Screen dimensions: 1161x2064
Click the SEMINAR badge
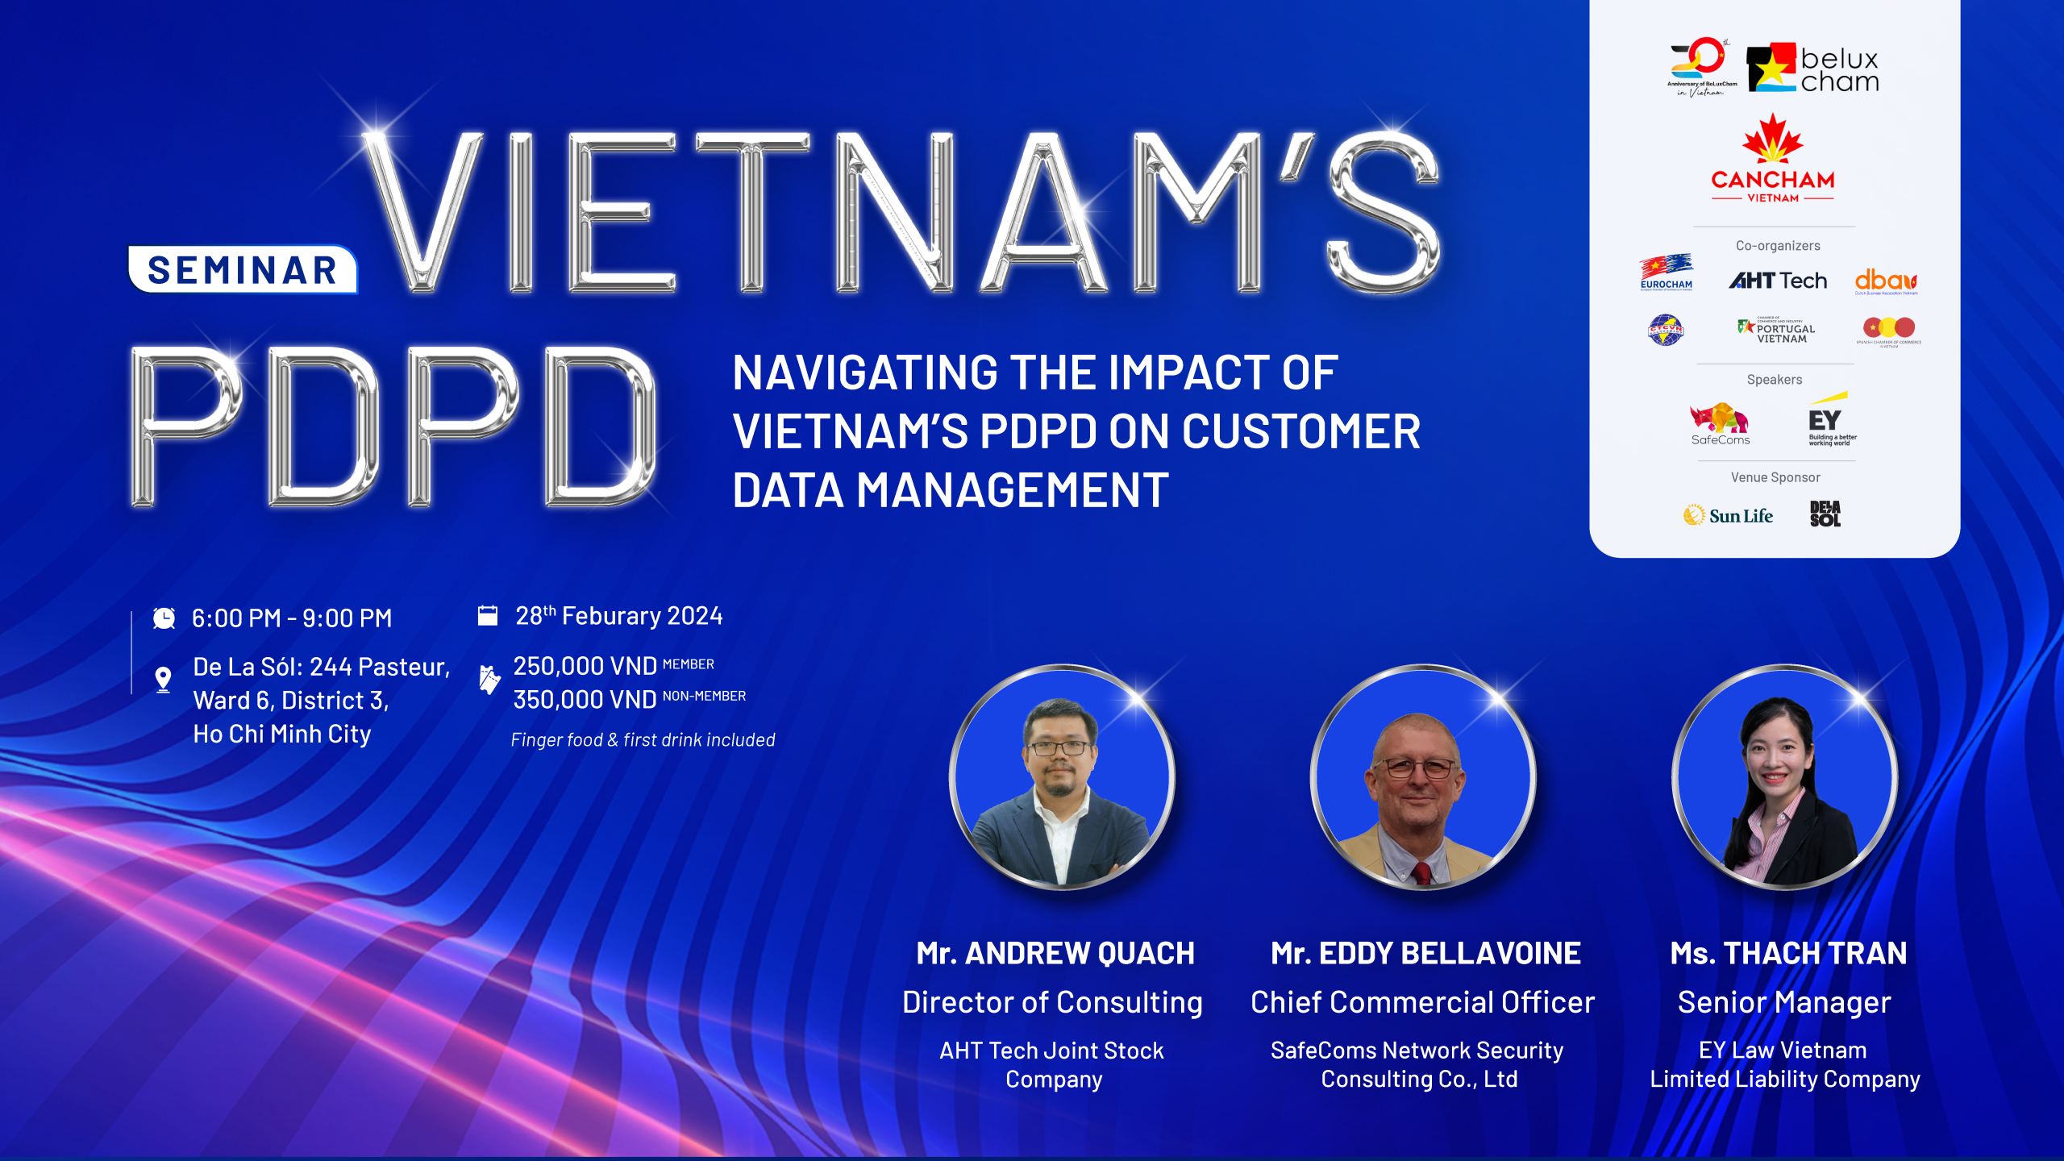point(242,270)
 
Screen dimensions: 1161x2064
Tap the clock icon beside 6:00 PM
point(164,618)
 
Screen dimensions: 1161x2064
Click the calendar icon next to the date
point(488,616)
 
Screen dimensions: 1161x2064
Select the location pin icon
point(163,680)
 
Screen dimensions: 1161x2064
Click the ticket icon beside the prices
point(489,680)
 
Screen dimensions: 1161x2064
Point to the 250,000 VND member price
point(585,666)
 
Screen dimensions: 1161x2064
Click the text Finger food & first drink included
point(643,740)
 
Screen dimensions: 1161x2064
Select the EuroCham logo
point(1666,272)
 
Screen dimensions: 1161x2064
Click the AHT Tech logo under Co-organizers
point(1778,281)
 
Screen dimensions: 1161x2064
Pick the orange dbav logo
point(1886,281)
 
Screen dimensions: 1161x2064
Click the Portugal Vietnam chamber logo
point(1777,330)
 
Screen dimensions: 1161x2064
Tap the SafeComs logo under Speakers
point(1720,423)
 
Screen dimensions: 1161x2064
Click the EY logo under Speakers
point(1828,420)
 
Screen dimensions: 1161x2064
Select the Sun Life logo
point(1728,515)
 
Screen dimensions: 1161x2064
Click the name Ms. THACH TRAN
point(1788,953)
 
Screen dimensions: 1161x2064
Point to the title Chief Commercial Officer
point(1422,1002)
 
